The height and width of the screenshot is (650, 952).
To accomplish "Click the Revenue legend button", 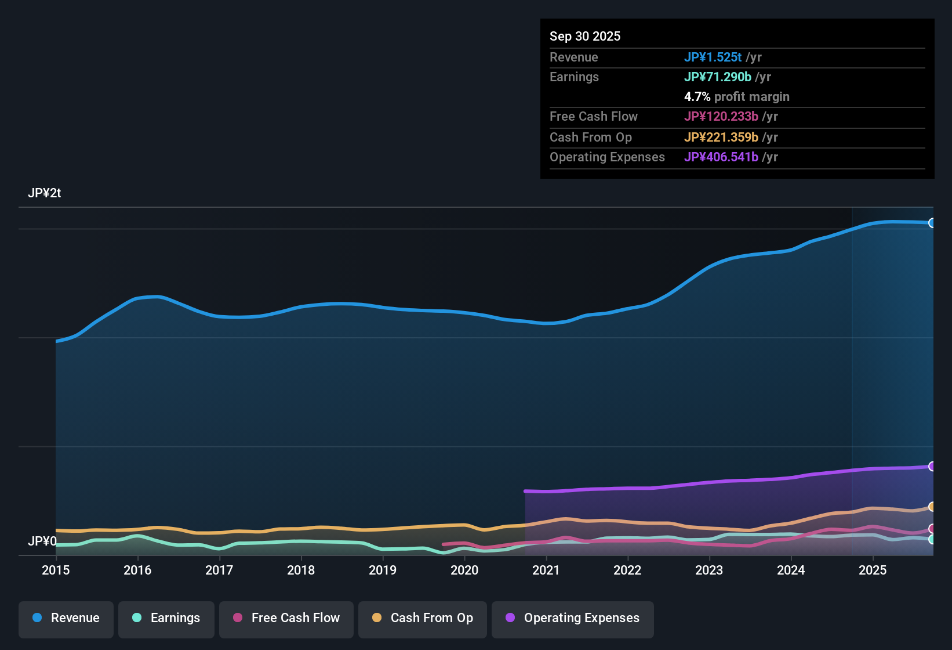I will pyautogui.click(x=66, y=618).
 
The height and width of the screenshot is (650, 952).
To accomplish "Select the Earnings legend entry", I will pyautogui.click(x=166, y=618).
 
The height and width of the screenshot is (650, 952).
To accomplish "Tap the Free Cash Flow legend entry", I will pyautogui.click(x=286, y=618).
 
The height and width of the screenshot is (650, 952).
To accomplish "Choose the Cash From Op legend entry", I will pyautogui.click(x=423, y=618).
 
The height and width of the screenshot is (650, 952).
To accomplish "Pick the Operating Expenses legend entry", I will pyautogui.click(x=573, y=618).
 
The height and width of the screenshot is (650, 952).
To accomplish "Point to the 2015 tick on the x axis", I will pyautogui.click(x=56, y=570).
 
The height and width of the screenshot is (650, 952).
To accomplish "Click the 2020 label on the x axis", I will pyautogui.click(x=464, y=570).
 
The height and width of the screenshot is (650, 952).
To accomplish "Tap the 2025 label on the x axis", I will pyautogui.click(x=873, y=570).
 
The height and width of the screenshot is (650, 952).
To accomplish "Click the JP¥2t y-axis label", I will pyautogui.click(x=45, y=193).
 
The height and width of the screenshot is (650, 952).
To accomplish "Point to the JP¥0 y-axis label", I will pyautogui.click(x=42, y=541).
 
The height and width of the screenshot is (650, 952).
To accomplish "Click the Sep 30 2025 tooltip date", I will pyautogui.click(x=585, y=36).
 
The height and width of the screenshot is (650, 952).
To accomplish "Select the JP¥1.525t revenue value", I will pyautogui.click(x=713, y=57).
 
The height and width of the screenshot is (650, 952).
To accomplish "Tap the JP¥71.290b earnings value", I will pyautogui.click(x=717, y=77).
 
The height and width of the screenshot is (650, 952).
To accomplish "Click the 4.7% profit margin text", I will pyautogui.click(x=736, y=96).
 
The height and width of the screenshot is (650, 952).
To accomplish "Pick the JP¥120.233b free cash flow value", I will pyautogui.click(x=721, y=116).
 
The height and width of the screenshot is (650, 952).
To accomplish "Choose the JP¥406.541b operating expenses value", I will pyautogui.click(x=721, y=157).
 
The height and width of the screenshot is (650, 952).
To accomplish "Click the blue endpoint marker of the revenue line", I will pyautogui.click(x=932, y=223).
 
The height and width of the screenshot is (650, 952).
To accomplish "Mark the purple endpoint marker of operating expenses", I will pyautogui.click(x=932, y=466).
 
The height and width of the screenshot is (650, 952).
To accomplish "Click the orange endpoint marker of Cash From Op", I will pyautogui.click(x=932, y=507).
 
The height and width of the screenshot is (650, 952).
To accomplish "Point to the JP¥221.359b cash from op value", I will pyautogui.click(x=721, y=137).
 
